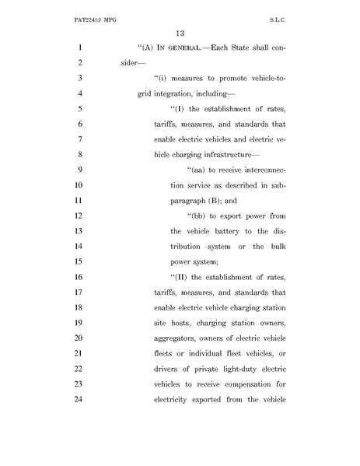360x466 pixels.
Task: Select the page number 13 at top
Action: (179, 33)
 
